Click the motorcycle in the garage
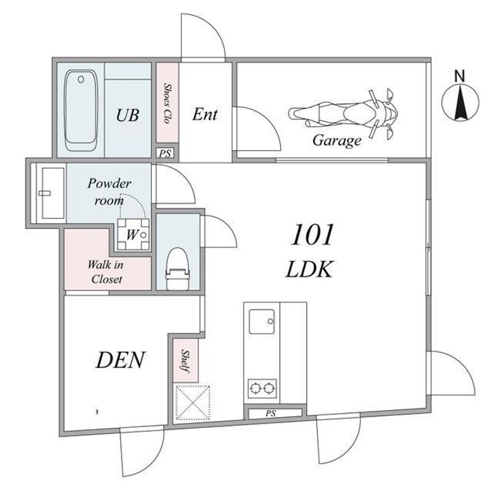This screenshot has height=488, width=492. tap(343, 113)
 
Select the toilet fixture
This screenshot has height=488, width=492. tap(178, 269)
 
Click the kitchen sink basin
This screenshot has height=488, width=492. tap(262, 321)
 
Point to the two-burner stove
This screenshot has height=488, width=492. tap(262, 388)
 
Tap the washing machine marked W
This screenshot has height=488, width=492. tap(133, 234)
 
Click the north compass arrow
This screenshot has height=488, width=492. tap(461, 103)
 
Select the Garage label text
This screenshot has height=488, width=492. tap(337, 140)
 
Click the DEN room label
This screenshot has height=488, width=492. tap(120, 360)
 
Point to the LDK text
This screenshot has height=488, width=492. tap(310, 269)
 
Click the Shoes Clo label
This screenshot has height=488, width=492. tap(167, 103)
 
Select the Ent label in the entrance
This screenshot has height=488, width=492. tap(204, 114)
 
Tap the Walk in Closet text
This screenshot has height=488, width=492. tap(106, 272)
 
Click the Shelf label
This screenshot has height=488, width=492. tap(185, 362)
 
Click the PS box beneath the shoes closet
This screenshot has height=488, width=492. tap(165, 154)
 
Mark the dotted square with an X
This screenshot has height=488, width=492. tap(192, 403)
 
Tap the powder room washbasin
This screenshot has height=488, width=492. tap(53, 193)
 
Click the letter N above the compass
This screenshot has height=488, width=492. tap(460, 76)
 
